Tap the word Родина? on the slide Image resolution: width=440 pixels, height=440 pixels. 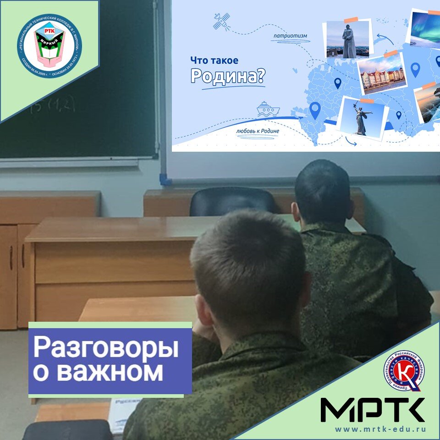(x=227, y=77)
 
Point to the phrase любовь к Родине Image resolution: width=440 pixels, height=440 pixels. (x=258, y=131)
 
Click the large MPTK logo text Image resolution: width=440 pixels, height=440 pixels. (x=372, y=410)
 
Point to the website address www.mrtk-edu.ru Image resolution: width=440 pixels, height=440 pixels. (x=380, y=429)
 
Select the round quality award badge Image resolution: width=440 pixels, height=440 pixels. (x=404, y=373)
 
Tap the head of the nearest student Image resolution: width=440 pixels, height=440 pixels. (x=247, y=266)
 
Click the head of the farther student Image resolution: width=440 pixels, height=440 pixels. (x=323, y=192)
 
